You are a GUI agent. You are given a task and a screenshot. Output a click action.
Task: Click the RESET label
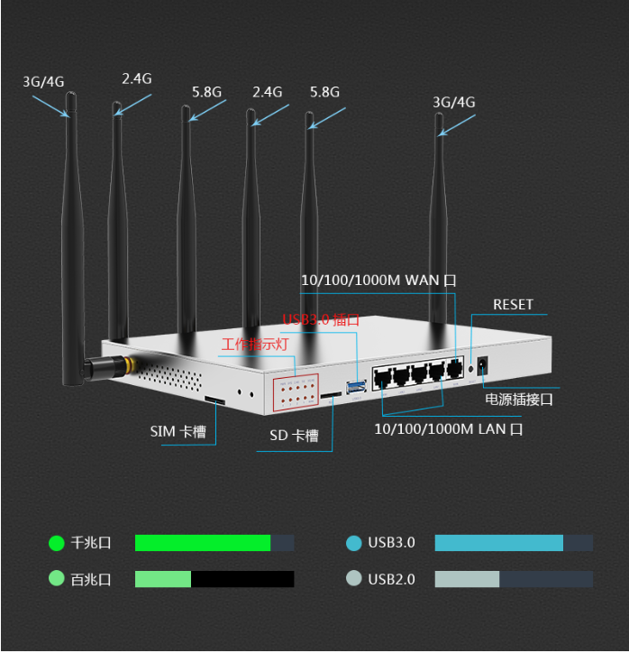point(513,305)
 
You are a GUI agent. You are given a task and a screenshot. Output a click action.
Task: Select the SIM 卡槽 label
point(178,432)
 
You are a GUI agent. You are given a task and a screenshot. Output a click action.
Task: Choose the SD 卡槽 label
point(294,436)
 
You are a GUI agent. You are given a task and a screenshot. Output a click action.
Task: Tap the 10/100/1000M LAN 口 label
point(448,429)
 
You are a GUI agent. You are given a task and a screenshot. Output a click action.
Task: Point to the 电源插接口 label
point(518,399)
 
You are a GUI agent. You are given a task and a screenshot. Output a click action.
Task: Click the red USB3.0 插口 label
point(321,319)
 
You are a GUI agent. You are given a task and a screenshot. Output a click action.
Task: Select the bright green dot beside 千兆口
point(57,543)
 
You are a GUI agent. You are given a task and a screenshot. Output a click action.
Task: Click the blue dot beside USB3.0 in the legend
point(354,543)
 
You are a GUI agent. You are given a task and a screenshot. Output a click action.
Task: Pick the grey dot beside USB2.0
point(354,579)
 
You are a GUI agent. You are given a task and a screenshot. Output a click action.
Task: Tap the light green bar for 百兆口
point(163,579)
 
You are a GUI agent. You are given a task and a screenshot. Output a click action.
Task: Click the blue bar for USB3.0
point(498,543)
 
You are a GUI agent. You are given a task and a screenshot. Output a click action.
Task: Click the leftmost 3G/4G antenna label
point(43,81)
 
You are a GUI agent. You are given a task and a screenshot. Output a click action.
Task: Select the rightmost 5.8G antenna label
point(324,92)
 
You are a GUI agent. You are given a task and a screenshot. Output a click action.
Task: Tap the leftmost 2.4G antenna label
point(137,78)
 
